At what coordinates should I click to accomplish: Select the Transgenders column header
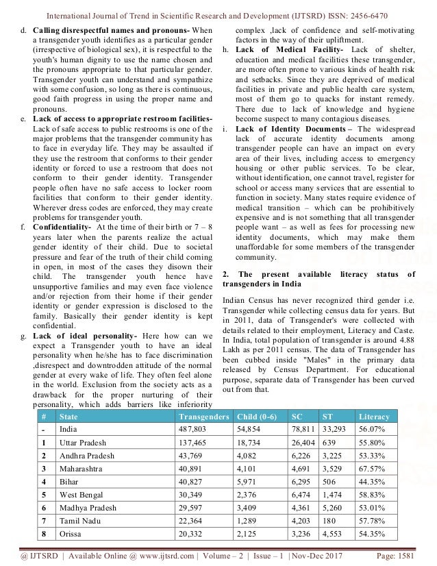(203, 416)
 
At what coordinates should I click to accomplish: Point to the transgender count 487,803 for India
(194, 430)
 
